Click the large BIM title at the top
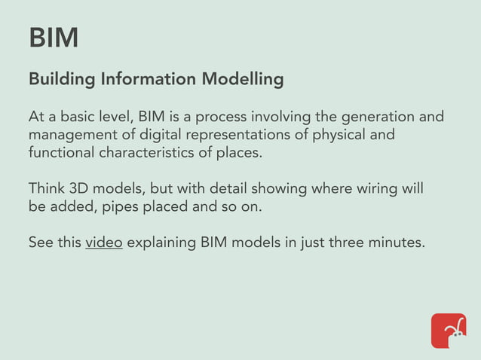click(54, 38)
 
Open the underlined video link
click(104, 243)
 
